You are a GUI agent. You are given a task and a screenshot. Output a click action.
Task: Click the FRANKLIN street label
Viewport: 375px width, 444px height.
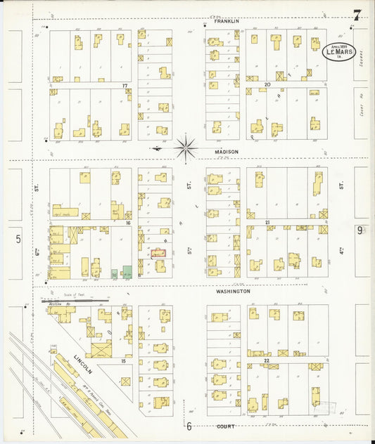tap(227, 22)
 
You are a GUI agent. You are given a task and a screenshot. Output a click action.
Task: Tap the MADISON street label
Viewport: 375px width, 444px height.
tap(227, 151)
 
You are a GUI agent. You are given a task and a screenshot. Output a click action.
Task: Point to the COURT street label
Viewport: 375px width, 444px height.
tap(225, 426)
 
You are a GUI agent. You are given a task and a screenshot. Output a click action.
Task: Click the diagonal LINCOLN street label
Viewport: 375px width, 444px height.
tap(83, 365)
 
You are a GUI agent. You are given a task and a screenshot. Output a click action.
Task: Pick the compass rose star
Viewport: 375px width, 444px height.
tap(186, 148)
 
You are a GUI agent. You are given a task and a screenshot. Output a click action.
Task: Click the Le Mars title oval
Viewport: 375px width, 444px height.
tap(339, 51)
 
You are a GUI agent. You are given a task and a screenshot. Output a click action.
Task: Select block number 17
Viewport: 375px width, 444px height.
tap(125, 86)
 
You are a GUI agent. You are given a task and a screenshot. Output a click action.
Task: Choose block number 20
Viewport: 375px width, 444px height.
tap(267, 84)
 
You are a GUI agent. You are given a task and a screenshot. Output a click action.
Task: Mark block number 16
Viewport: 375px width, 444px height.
tap(128, 223)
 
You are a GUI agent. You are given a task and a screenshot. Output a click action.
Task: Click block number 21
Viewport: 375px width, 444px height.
tap(267, 223)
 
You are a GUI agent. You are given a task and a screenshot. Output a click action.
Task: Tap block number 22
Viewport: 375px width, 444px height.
tap(267, 360)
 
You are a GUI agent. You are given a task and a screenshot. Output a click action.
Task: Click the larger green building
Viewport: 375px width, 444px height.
tap(127, 272)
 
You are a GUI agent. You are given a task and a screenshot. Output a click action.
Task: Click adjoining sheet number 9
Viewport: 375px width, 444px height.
tap(360, 230)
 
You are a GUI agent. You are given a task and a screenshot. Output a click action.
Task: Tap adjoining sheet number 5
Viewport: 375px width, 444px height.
tap(18, 239)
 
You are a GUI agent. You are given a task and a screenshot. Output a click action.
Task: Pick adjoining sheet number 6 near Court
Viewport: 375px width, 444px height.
tap(189, 426)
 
